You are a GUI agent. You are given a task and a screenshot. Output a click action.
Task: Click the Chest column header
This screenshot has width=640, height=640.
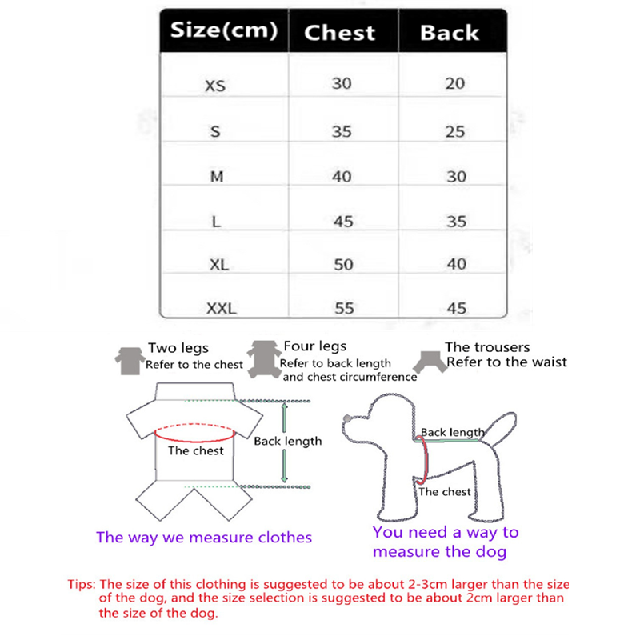tap(339, 33)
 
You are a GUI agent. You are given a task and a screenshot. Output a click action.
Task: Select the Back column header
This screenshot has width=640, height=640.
tap(450, 33)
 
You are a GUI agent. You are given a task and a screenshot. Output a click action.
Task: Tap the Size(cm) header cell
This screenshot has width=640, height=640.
tap(224, 30)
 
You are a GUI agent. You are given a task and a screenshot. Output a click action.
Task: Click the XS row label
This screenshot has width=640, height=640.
tap(215, 86)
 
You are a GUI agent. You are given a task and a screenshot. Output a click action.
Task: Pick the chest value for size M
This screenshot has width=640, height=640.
tap(342, 176)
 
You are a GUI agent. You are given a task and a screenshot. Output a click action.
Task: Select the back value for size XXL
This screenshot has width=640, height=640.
tap(456, 308)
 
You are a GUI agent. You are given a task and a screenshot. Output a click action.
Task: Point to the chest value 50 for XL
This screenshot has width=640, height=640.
tap(343, 265)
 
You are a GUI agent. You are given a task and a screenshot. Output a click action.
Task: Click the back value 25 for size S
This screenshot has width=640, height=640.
tap(455, 131)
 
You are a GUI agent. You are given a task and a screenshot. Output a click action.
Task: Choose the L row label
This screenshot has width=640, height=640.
tap(216, 222)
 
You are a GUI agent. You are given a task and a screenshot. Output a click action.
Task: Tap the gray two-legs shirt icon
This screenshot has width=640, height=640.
tap(130, 361)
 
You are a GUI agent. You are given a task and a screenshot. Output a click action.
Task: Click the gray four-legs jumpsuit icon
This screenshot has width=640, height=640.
tap(264, 359)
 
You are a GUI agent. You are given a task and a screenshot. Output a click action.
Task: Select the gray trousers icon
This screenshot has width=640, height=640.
tap(430, 362)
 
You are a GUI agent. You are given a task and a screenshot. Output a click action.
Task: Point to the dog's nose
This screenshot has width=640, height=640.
tap(347, 418)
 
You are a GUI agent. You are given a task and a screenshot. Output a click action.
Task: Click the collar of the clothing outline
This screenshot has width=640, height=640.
tap(194, 391)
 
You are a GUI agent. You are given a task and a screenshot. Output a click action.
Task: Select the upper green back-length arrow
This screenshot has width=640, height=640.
tap(285, 417)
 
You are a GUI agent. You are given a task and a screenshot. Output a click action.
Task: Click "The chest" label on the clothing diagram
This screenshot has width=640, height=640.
tap(196, 450)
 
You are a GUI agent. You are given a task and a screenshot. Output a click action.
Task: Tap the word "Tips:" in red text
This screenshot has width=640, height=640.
tap(82, 585)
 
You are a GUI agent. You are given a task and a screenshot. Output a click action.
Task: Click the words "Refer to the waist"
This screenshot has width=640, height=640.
tap(506, 362)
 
